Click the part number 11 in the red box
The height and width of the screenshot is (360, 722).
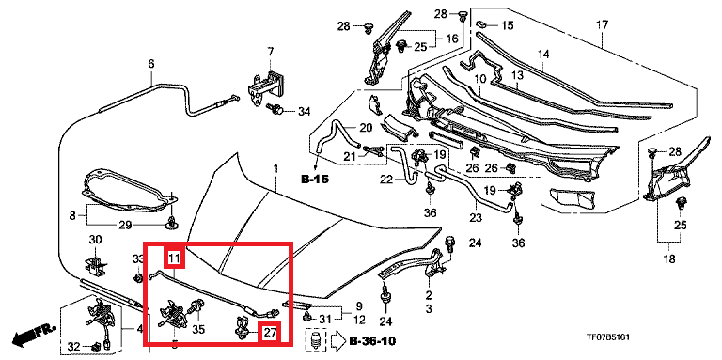[175, 258]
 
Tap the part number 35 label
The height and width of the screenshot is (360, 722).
[198, 330]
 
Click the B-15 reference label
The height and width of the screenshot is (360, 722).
[316, 180]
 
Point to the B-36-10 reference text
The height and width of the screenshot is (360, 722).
[372, 341]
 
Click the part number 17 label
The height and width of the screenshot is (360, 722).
[603, 24]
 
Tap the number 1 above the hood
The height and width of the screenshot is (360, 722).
[276, 170]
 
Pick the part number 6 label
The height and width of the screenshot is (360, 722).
[151, 64]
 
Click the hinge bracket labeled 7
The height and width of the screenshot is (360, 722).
[264, 89]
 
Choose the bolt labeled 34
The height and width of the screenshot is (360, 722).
[275, 111]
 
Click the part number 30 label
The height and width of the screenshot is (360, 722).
[95, 240]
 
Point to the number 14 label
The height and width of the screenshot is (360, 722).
[543, 55]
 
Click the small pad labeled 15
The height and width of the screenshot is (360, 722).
[482, 24]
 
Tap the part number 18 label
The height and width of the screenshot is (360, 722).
[669, 259]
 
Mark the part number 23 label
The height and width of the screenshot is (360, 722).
[475, 216]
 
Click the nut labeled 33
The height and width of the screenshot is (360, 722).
[136, 277]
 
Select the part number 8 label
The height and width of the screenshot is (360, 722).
[72, 215]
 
